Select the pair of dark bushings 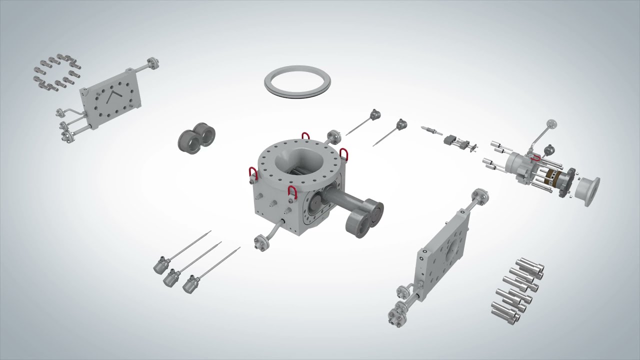click(x=196, y=137)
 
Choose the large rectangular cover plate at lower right click(x=442, y=255)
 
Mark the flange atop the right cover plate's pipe click(x=481, y=196)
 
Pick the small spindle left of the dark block click(x=430, y=130)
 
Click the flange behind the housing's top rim click(x=333, y=136)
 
